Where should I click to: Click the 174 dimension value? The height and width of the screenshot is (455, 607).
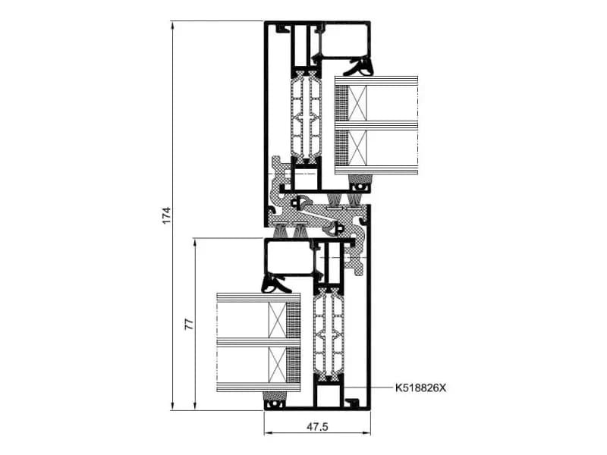point(166,215)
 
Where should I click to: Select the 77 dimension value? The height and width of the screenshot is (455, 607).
point(188,324)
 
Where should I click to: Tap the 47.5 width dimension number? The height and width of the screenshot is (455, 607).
point(317,427)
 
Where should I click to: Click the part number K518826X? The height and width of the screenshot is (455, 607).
point(420,388)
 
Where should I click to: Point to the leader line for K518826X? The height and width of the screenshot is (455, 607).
point(367,388)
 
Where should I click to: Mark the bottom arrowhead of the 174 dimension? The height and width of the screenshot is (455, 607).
point(172,406)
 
